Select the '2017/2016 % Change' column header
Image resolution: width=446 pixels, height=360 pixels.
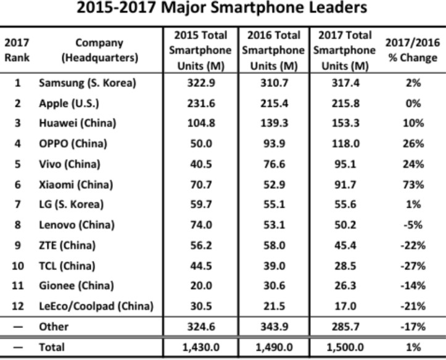[412, 50]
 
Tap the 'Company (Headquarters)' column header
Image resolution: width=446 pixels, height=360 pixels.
[99, 50]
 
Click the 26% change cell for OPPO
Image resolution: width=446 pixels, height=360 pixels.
[412, 144]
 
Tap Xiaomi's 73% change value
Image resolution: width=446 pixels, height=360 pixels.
[412, 184]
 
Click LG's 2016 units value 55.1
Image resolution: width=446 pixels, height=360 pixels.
[273, 204]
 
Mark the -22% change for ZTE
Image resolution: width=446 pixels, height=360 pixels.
[412, 245]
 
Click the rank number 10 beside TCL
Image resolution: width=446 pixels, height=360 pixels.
[17, 266]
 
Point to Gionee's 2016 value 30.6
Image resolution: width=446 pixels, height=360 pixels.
[273, 286]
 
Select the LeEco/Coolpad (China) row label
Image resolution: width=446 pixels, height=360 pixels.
[96, 306]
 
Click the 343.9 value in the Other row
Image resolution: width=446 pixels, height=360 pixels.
[273, 327]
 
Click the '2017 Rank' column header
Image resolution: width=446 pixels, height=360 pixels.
[17, 50]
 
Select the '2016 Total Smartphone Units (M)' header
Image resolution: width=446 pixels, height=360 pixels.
[273, 50]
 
